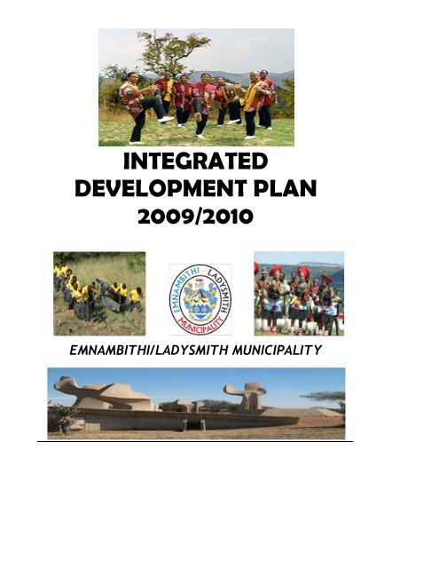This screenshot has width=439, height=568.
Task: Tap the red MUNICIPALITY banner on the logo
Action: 200,324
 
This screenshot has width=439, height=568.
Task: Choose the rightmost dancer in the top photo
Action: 266,102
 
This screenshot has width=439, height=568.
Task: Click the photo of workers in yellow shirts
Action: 98,294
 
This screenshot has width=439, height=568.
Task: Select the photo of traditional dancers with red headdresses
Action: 298,293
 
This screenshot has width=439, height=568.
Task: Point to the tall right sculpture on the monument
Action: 246,396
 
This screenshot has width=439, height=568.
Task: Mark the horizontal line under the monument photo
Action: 195,440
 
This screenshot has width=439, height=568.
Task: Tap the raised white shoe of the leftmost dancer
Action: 165,119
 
